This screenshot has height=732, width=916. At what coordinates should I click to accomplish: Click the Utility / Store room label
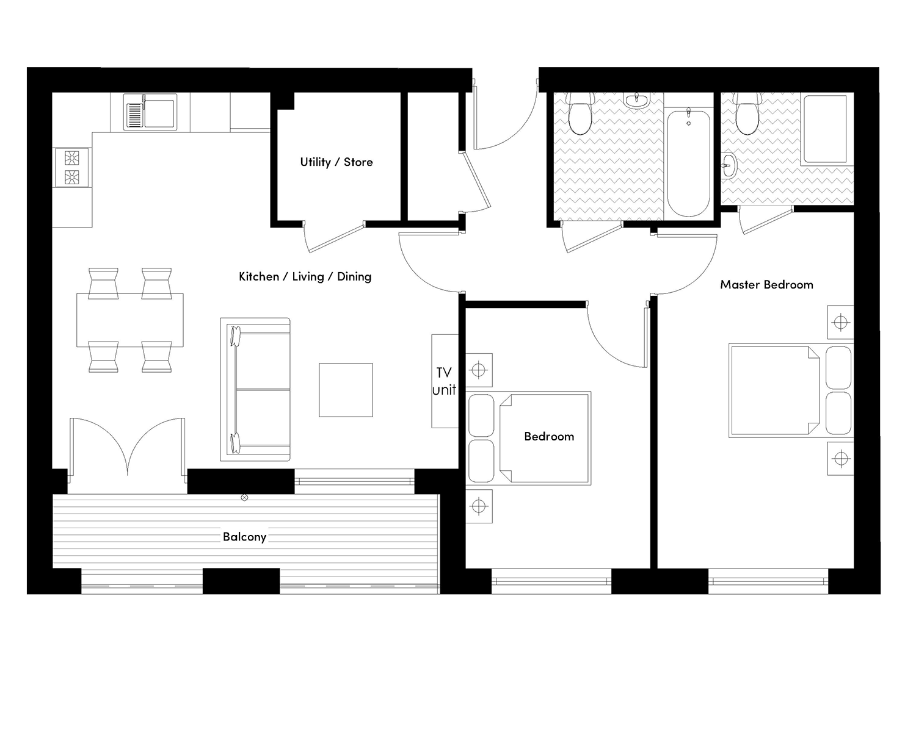click(336, 162)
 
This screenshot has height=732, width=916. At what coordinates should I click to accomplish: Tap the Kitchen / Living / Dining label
click(305, 277)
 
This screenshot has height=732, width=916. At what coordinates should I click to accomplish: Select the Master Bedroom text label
click(766, 285)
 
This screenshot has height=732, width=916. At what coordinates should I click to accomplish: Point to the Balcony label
click(244, 537)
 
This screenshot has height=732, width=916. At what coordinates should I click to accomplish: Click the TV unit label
click(444, 381)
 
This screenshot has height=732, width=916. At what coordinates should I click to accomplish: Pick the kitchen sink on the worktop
click(150, 113)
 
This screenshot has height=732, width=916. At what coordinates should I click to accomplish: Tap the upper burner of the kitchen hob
click(72, 158)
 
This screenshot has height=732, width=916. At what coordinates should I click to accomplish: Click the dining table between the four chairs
click(129, 320)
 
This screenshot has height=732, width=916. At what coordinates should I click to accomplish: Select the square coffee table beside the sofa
click(346, 390)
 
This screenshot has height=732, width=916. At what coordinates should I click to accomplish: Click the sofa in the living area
click(255, 389)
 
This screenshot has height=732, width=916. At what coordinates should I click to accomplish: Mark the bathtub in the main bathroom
click(688, 163)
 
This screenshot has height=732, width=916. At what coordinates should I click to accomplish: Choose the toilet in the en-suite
click(746, 116)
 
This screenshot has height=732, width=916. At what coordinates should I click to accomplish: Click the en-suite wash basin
click(729, 165)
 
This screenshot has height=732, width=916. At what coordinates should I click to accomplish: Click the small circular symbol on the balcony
click(245, 498)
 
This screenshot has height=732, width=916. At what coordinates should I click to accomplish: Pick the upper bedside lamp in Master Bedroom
click(841, 322)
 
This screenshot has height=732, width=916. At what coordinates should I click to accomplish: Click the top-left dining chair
click(103, 283)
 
